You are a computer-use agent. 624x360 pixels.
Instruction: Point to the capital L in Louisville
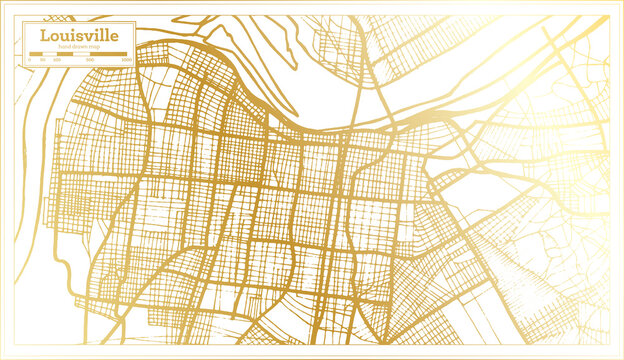(x=44, y=35)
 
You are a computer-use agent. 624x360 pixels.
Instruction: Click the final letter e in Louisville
(x=114, y=37)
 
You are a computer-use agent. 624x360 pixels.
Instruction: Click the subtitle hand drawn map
(x=79, y=47)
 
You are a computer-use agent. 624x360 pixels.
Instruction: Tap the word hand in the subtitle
(x=65, y=47)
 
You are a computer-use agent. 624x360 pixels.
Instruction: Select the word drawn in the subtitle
(x=79, y=47)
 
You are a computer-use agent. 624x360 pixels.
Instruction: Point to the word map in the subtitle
(x=94, y=47)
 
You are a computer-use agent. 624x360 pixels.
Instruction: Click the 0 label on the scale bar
(x=30, y=60)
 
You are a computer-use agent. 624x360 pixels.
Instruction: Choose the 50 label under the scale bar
(x=43, y=60)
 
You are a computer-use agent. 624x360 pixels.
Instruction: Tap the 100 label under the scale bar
(x=57, y=60)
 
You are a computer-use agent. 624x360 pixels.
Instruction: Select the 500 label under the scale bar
(x=90, y=60)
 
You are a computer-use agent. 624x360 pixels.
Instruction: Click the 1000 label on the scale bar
(x=126, y=60)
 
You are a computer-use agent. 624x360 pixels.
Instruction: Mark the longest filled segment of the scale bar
(x=108, y=54)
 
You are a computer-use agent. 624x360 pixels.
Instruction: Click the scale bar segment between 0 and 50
(x=36, y=54)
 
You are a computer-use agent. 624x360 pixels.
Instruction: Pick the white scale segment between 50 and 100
(x=49, y=54)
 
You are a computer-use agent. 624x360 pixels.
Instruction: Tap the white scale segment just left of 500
(x=81, y=54)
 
